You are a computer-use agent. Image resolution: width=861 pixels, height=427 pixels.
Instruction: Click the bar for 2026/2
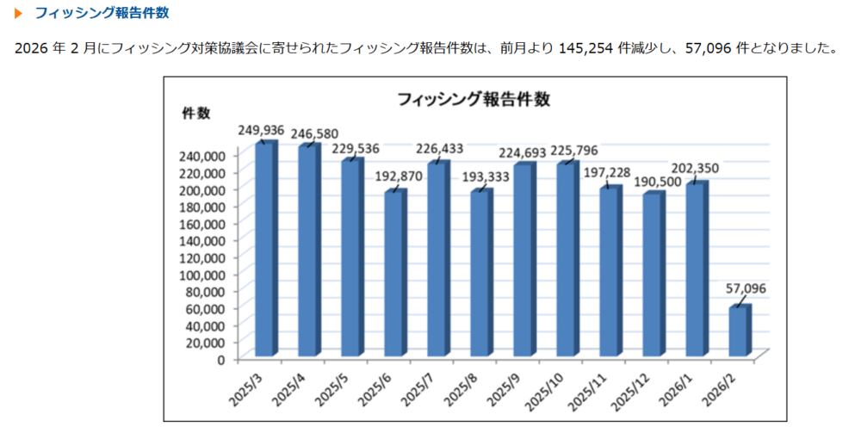tap(739, 332)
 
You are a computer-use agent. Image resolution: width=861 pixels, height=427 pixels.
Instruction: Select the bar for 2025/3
tap(265, 250)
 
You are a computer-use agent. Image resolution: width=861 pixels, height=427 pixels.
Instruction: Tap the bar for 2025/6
tap(394, 274)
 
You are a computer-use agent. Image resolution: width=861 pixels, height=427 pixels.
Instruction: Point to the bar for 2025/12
tap(653, 275)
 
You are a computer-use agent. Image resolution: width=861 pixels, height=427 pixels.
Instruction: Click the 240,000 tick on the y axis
tap(203, 156)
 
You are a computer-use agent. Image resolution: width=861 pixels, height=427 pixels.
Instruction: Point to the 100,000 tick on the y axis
tap(203, 275)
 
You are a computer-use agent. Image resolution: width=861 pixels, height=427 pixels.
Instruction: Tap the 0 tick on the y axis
tap(221, 359)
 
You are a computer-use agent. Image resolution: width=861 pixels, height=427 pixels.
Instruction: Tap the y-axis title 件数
tap(195, 114)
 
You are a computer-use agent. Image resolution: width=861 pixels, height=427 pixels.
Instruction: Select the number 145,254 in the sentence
tap(585, 47)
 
